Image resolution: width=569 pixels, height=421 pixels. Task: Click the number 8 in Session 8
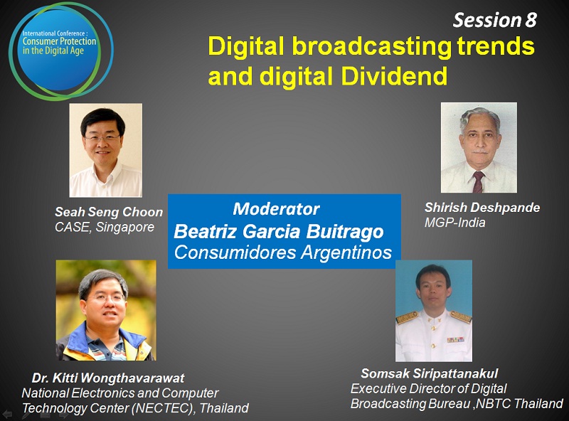click(531, 20)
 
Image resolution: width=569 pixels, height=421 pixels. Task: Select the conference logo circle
click(61, 50)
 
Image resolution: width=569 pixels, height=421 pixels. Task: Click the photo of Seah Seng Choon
click(105, 150)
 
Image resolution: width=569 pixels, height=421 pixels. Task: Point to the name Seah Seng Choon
click(109, 212)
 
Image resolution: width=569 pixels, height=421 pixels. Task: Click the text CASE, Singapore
click(105, 227)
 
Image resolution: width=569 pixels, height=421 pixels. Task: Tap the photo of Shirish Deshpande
click(479, 147)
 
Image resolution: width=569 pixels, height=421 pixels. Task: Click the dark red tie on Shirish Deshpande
click(478, 182)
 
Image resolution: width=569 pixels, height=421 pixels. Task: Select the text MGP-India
click(454, 222)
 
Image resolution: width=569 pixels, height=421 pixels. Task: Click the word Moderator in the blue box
click(276, 208)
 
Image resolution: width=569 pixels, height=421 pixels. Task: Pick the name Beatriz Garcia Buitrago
click(279, 232)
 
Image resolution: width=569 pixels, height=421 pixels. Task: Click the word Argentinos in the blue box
click(346, 252)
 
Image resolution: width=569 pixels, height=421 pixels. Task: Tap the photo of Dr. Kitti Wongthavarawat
click(106, 310)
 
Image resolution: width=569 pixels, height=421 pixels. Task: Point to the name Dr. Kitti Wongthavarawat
click(108, 378)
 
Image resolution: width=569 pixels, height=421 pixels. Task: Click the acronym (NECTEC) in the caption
click(164, 408)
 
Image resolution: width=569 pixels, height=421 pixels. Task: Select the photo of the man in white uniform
click(434, 311)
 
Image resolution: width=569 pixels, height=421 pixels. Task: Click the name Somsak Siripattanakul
click(430, 373)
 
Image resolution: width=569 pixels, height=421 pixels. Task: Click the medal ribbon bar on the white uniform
click(455, 340)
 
